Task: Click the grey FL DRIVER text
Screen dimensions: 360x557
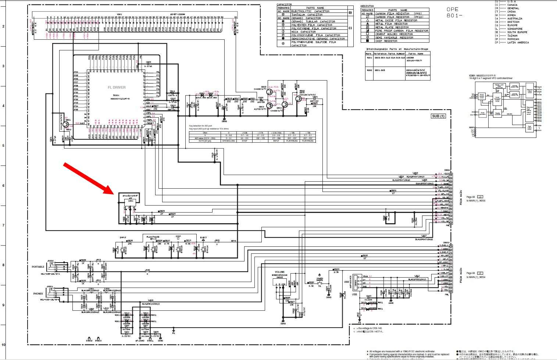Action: (x=117, y=88)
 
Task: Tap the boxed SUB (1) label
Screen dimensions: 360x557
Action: (x=438, y=116)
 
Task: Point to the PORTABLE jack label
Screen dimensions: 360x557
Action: (x=38, y=267)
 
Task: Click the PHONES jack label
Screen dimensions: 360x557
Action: (x=38, y=294)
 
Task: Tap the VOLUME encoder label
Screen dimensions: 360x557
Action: (x=275, y=272)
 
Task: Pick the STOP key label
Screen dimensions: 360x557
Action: (x=178, y=236)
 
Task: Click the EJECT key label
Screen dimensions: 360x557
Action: (x=204, y=238)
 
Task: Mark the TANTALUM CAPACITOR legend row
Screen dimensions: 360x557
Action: (x=307, y=14)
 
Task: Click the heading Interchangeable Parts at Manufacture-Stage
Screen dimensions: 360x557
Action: (x=397, y=49)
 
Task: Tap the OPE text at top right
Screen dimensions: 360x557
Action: (x=453, y=10)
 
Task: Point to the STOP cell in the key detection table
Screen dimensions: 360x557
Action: (x=244, y=141)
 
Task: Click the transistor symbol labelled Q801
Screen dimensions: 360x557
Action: (x=66, y=125)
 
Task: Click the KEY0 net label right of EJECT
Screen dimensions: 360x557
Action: (x=233, y=241)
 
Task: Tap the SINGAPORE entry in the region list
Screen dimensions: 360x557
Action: (x=514, y=29)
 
